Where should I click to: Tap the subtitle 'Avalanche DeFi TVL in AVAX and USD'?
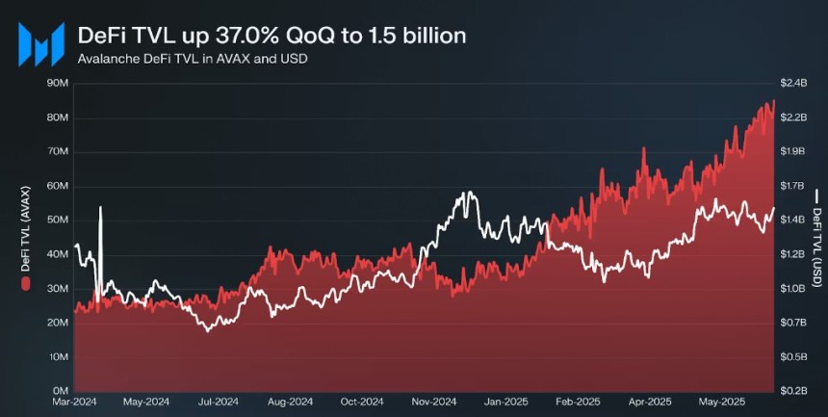point(184,59)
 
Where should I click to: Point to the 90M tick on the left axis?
point(57,84)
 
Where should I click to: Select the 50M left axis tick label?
point(57,221)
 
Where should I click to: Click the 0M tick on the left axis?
point(60,391)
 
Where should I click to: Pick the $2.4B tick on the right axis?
point(792,84)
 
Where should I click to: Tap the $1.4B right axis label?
point(792,221)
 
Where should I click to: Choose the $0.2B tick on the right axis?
point(792,391)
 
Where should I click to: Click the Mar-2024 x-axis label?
point(75,402)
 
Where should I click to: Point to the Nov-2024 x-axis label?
point(434,402)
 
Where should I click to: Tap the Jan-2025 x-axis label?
point(505,402)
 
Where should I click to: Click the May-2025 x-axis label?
point(721,402)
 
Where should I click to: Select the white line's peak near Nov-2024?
point(468,194)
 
